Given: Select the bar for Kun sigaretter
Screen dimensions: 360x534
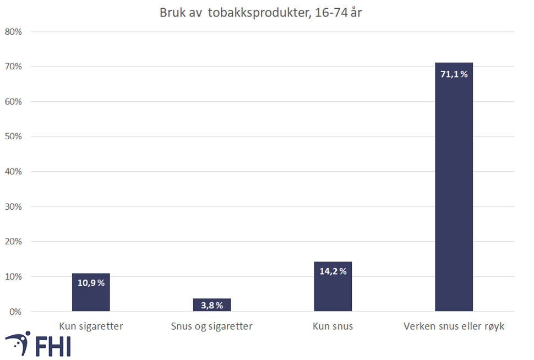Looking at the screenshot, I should (91, 297).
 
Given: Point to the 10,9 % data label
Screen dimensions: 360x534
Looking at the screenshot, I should (91, 283).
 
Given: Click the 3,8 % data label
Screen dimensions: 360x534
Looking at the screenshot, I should (212, 306).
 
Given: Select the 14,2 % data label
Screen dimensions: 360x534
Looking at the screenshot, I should (333, 271).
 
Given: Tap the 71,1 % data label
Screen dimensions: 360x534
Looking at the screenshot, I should (454, 74).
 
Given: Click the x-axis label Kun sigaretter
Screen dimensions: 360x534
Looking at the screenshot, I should (91, 326).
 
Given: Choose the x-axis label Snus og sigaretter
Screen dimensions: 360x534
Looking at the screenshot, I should (212, 326).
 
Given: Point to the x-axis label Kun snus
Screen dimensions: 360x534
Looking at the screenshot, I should (333, 326).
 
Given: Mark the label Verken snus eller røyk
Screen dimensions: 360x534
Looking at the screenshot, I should (454, 326).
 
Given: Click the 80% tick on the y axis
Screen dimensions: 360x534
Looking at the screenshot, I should (13, 31).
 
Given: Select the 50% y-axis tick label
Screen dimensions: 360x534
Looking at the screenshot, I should (13, 137).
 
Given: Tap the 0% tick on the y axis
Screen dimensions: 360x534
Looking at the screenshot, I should (15, 312).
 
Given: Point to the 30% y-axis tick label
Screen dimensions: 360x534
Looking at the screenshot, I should (13, 206).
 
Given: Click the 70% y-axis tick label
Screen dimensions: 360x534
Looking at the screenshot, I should (13, 67).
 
